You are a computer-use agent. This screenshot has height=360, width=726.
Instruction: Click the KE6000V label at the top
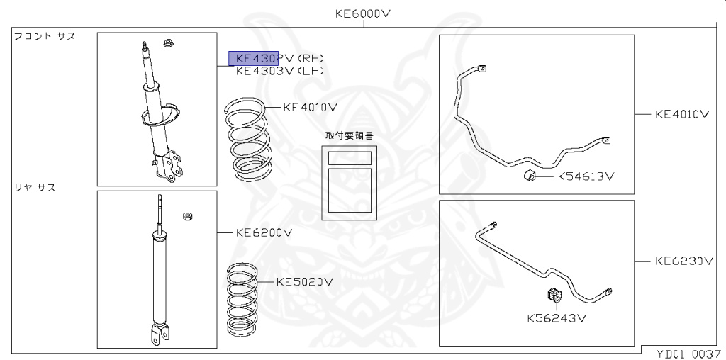click(x=364, y=13)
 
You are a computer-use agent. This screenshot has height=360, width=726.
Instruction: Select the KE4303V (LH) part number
click(x=279, y=71)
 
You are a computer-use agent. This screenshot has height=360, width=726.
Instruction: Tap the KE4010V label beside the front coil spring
click(x=311, y=107)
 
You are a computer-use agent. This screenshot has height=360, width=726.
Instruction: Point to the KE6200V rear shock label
click(x=264, y=232)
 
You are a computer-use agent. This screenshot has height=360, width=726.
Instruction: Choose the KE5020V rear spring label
click(x=305, y=282)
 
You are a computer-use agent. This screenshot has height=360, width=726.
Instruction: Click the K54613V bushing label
click(x=586, y=176)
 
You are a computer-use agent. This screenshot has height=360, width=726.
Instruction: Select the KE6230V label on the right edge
click(x=684, y=261)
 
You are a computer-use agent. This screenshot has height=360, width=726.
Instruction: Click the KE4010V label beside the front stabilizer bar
click(x=682, y=114)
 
